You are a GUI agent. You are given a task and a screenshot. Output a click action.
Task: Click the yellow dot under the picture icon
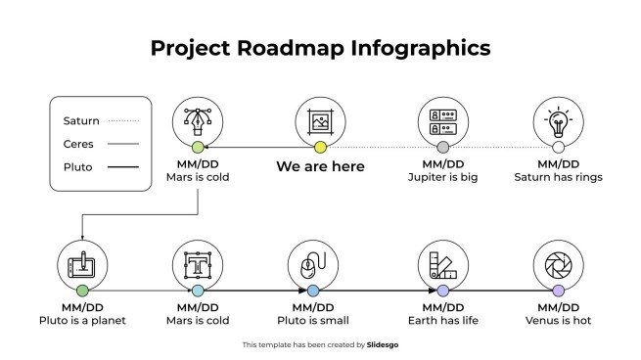[320, 148]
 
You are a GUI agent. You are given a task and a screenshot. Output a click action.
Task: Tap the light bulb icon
[558, 122]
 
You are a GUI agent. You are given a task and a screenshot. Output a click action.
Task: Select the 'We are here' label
[320, 167]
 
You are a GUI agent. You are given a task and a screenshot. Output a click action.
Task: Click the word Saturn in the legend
[81, 120]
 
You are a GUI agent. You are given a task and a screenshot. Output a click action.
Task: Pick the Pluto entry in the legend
[77, 167]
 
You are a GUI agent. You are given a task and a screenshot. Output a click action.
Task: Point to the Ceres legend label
[78, 144]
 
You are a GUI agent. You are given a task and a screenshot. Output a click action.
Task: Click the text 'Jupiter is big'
[442, 177]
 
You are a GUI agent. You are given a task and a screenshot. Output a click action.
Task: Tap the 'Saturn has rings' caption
[558, 177]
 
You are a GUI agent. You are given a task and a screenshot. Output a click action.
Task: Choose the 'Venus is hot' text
[558, 320]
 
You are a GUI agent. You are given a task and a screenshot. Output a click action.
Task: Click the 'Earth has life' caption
[442, 320]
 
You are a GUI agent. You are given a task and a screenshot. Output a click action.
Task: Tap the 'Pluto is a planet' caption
[82, 320]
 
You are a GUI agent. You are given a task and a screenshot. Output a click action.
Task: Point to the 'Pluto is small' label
[313, 320]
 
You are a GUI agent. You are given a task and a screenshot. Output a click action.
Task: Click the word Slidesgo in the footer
[383, 345]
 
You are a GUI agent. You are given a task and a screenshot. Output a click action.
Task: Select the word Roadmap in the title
[285, 48]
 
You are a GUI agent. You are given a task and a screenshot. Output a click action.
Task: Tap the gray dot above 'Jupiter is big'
[442, 148]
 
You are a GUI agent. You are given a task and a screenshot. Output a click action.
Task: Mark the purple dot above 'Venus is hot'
[558, 291]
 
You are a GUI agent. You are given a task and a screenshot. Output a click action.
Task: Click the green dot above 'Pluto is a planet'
[82, 291]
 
